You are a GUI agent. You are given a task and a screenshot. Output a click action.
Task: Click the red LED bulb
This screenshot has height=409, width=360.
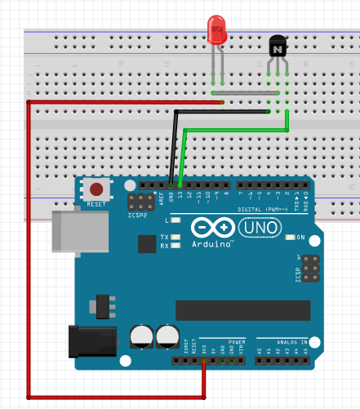[217, 30]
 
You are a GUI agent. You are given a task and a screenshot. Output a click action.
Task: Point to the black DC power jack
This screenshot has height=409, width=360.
[95, 340]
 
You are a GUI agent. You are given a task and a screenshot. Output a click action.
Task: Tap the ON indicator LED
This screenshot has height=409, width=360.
[291, 238]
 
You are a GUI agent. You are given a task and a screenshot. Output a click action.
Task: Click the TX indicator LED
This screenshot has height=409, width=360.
[175, 236]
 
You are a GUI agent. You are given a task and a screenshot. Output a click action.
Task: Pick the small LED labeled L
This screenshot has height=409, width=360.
[175, 220]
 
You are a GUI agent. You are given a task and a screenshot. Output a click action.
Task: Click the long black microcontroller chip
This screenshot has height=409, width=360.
[242, 310]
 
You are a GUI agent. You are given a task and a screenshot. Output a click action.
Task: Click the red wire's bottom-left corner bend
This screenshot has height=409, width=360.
[29, 397]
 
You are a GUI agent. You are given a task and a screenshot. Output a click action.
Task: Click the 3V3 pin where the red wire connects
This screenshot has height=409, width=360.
[203, 359]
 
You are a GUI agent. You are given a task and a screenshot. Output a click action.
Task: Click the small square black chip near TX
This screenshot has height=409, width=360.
[148, 244]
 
